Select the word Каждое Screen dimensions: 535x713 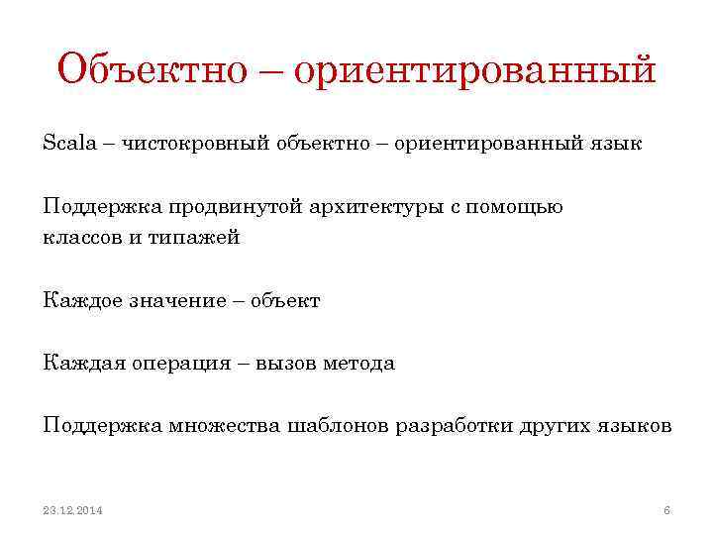tap(82, 301)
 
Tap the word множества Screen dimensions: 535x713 tap(220, 426)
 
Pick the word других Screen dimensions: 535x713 tap(555, 426)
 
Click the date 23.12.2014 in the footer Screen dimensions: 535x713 tap(73, 510)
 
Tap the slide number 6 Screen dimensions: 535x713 tap(666, 510)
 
